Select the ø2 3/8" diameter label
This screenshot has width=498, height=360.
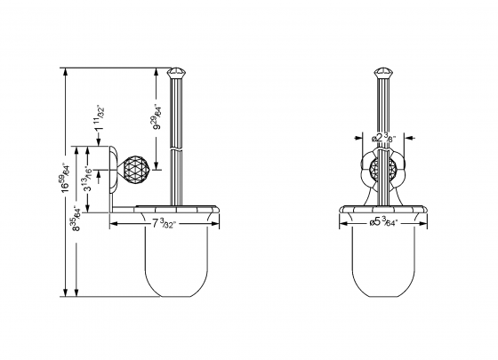pyautogui.click(x=386, y=138)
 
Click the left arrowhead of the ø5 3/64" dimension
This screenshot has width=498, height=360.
pyautogui.click(x=343, y=222)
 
